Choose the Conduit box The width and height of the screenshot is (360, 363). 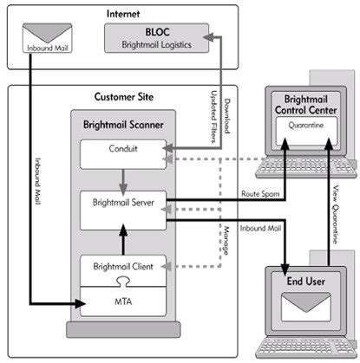click(x=123, y=153)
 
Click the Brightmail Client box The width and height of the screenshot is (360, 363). click(x=123, y=266)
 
